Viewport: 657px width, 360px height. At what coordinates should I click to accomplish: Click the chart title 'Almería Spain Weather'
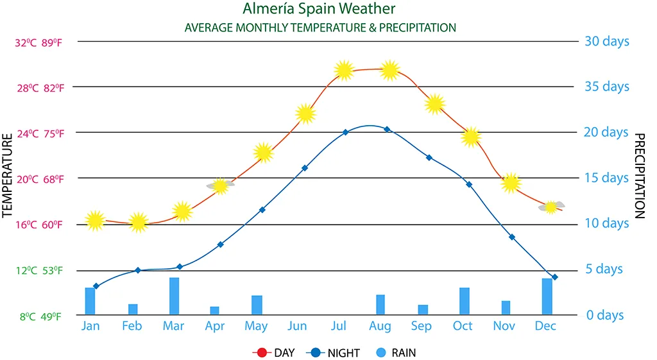319,9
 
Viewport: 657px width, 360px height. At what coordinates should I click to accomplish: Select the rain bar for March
174,296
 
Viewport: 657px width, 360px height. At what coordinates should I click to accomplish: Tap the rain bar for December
547,296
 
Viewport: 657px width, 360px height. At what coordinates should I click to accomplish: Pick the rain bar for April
214,311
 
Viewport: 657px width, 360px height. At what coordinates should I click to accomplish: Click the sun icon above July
345,70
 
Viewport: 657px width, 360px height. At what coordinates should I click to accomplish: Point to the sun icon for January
95,221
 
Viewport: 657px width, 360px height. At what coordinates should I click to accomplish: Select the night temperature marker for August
387,129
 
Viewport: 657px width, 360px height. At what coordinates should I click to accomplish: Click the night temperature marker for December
555,277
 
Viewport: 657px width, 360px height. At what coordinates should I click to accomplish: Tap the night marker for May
262,210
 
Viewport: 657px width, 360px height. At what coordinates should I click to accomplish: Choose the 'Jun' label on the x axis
297,326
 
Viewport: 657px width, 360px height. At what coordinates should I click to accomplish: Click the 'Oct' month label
463,326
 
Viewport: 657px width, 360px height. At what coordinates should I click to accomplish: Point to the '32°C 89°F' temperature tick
40,43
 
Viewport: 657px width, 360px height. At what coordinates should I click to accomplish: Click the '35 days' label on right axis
606,87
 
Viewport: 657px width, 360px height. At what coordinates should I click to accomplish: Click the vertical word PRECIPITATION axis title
639,176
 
